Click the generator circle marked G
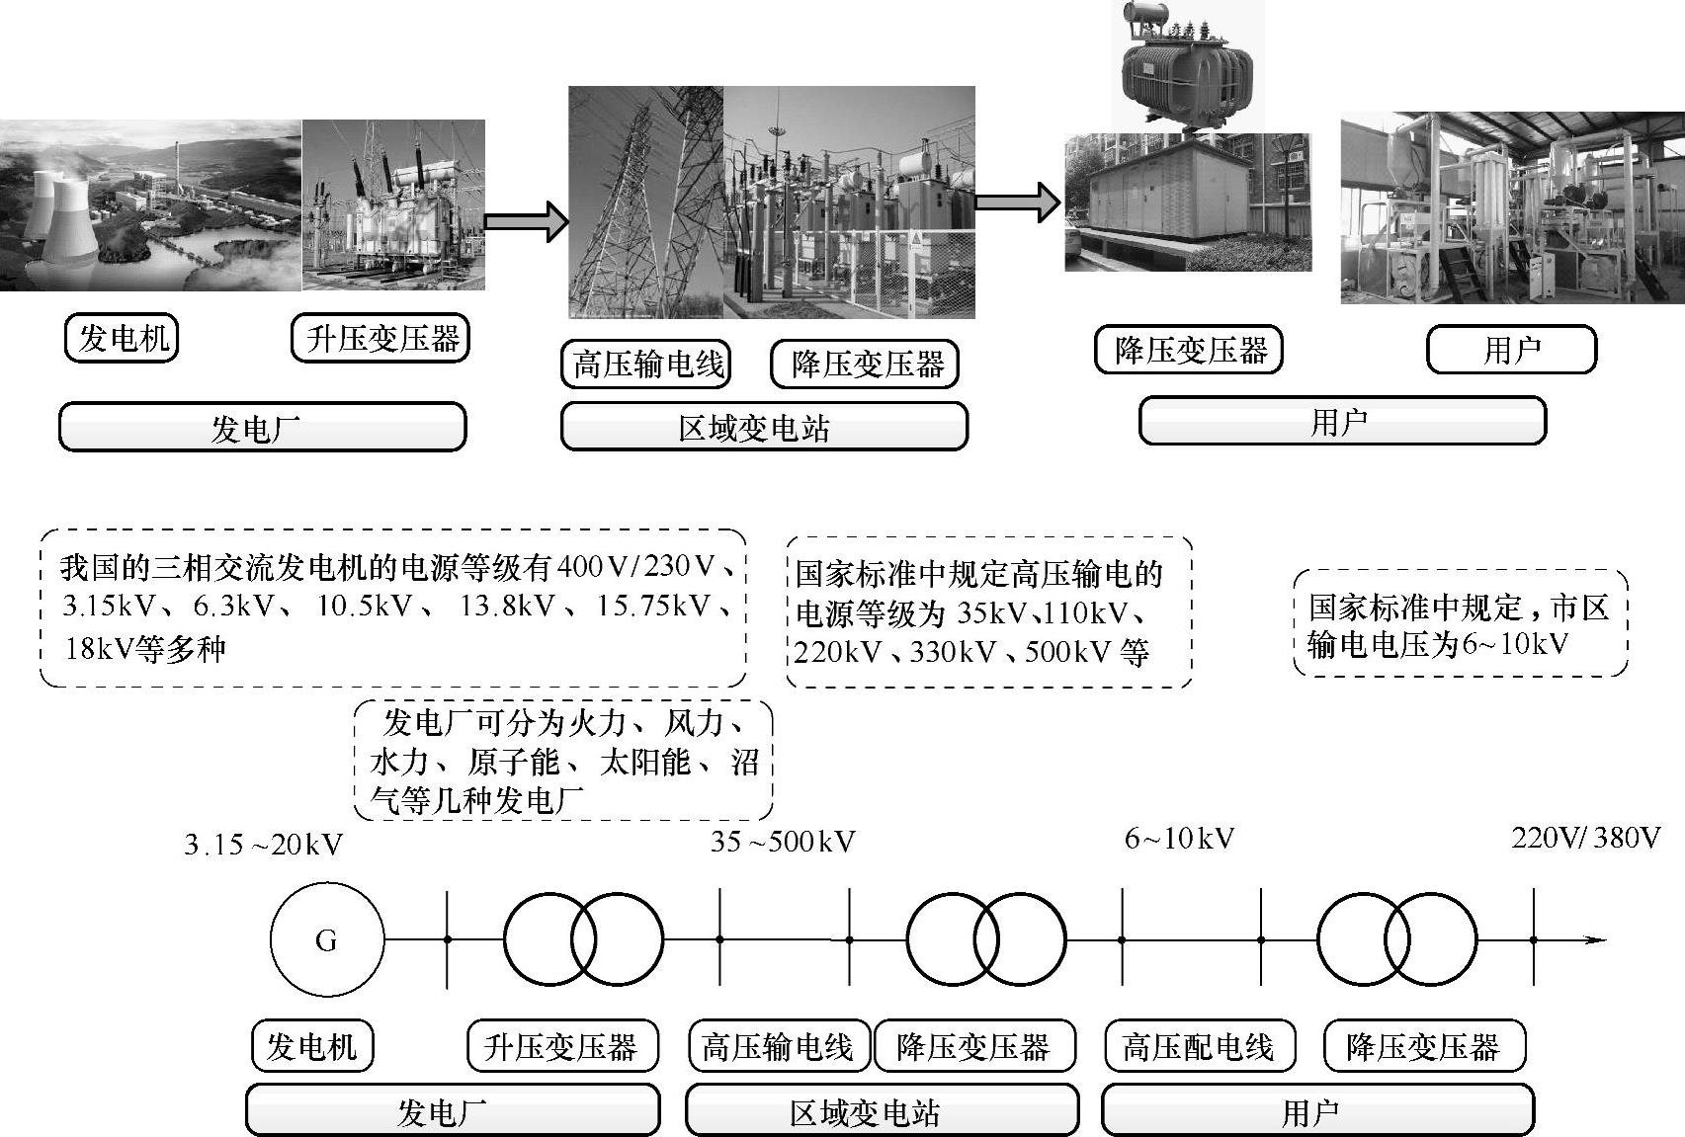tap(326, 939)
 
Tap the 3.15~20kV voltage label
tap(263, 846)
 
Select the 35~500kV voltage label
tap(782, 842)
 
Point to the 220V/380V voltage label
tap(1585, 839)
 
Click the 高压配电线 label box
tap(1198, 1047)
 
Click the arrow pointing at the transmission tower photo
tap(526, 220)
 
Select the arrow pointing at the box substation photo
tap(1017, 203)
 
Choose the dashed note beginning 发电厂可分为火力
tap(563, 761)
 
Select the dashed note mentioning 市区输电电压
tap(1460, 625)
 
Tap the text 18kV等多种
tap(145, 649)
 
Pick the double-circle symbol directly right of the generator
tap(583, 939)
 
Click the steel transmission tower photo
tap(645, 203)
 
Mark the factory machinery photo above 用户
tap(1512, 208)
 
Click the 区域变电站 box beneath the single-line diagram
tap(882, 1113)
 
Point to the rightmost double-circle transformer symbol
tap(1396, 939)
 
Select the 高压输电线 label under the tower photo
tap(647, 365)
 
